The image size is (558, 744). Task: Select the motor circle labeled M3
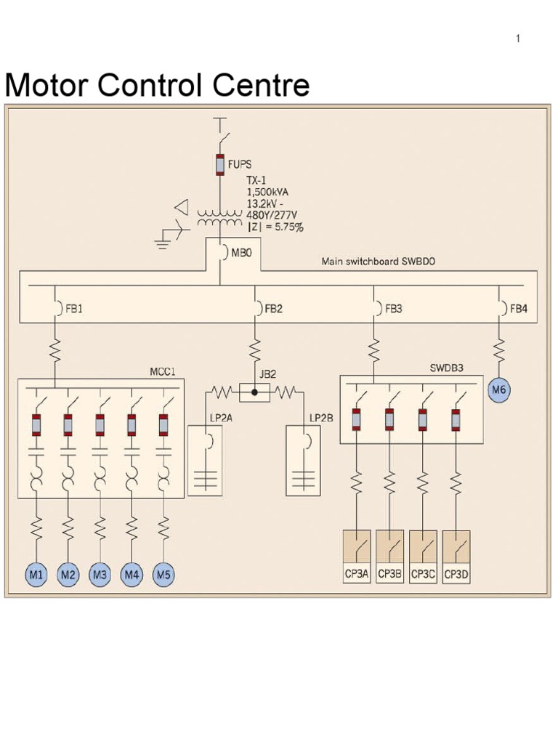[100, 575]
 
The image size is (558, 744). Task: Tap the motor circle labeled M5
[163, 575]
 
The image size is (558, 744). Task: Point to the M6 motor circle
[498, 390]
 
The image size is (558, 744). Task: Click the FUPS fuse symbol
[219, 165]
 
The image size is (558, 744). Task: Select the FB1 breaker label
[74, 308]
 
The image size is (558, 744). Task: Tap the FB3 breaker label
[393, 308]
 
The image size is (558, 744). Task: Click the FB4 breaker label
[518, 308]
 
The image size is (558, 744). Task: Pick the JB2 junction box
[254, 393]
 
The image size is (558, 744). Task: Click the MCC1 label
[163, 371]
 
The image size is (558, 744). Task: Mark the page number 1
[518, 39]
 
